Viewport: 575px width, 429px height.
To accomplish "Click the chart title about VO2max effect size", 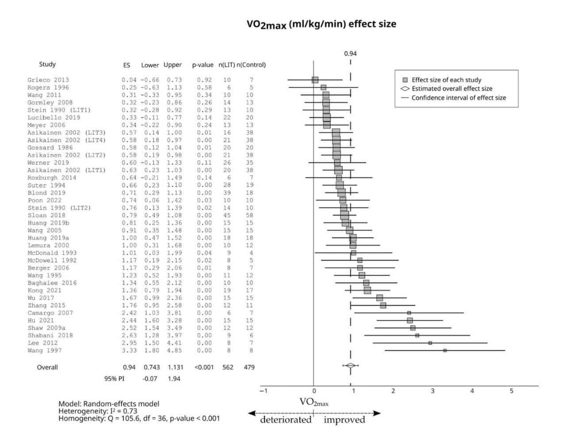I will click(321, 24).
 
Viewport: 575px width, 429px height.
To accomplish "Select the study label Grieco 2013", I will click(48, 80).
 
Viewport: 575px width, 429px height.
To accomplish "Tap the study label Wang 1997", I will click(45, 350).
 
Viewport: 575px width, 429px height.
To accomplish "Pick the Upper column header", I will click(172, 65).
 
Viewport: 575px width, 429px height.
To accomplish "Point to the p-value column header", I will click(203, 65).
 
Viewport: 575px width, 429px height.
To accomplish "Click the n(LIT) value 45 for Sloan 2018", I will click(226, 215).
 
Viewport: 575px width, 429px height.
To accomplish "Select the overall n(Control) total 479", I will click(249, 367).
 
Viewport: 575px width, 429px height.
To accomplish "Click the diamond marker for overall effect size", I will click(350, 365).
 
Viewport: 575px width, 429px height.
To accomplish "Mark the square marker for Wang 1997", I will click(445, 350).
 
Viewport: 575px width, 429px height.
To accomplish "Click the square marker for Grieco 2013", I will click(315, 80).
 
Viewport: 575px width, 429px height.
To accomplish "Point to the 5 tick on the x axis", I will click(512, 391).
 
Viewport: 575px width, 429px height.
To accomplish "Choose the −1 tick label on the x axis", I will click(263, 391).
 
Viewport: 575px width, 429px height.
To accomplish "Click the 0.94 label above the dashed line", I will click(350, 53).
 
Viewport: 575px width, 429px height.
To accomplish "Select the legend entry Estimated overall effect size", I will click(452, 89).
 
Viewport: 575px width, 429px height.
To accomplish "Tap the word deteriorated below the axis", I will click(285, 420).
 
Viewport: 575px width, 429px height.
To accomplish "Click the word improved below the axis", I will click(344, 420).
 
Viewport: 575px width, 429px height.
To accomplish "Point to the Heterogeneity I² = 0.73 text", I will click(98, 411).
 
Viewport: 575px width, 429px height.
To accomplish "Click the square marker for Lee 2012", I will click(430, 343).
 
